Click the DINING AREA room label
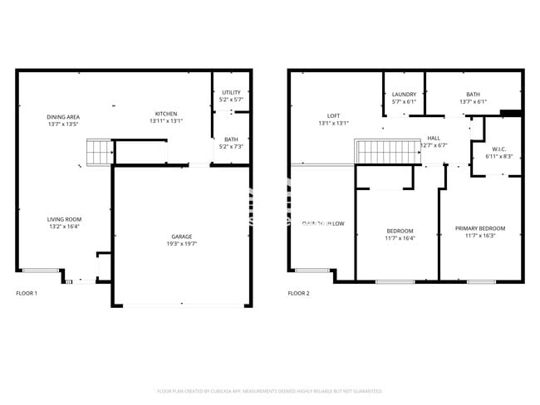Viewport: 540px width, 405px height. click(x=62, y=117)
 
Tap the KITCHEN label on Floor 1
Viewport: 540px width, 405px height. click(x=166, y=114)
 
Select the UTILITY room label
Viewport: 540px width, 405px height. click(x=230, y=93)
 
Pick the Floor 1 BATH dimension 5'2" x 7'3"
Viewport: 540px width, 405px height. click(x=230, y=147)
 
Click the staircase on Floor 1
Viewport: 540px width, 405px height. click(x=99, y=153)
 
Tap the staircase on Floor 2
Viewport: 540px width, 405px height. click(x=383, y=153)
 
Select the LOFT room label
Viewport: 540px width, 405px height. click(x=333, y=116)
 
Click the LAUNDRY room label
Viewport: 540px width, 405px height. click(x=404, y=95)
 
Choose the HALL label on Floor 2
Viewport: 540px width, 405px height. click(x=434, y=138)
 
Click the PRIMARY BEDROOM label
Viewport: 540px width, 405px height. click(x=480, y=228)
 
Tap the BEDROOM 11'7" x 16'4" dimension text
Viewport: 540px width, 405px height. click(x=400, y=237)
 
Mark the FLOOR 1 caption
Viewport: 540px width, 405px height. click(x=27, y=293)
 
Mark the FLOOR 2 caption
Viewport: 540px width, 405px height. click(x=298, y=293)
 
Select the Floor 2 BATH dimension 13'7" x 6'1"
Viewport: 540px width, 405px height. click(x=473, y=102)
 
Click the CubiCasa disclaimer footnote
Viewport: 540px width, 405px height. click(x=269, y=391)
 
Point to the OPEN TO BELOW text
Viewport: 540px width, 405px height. click(x=323, y=223)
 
